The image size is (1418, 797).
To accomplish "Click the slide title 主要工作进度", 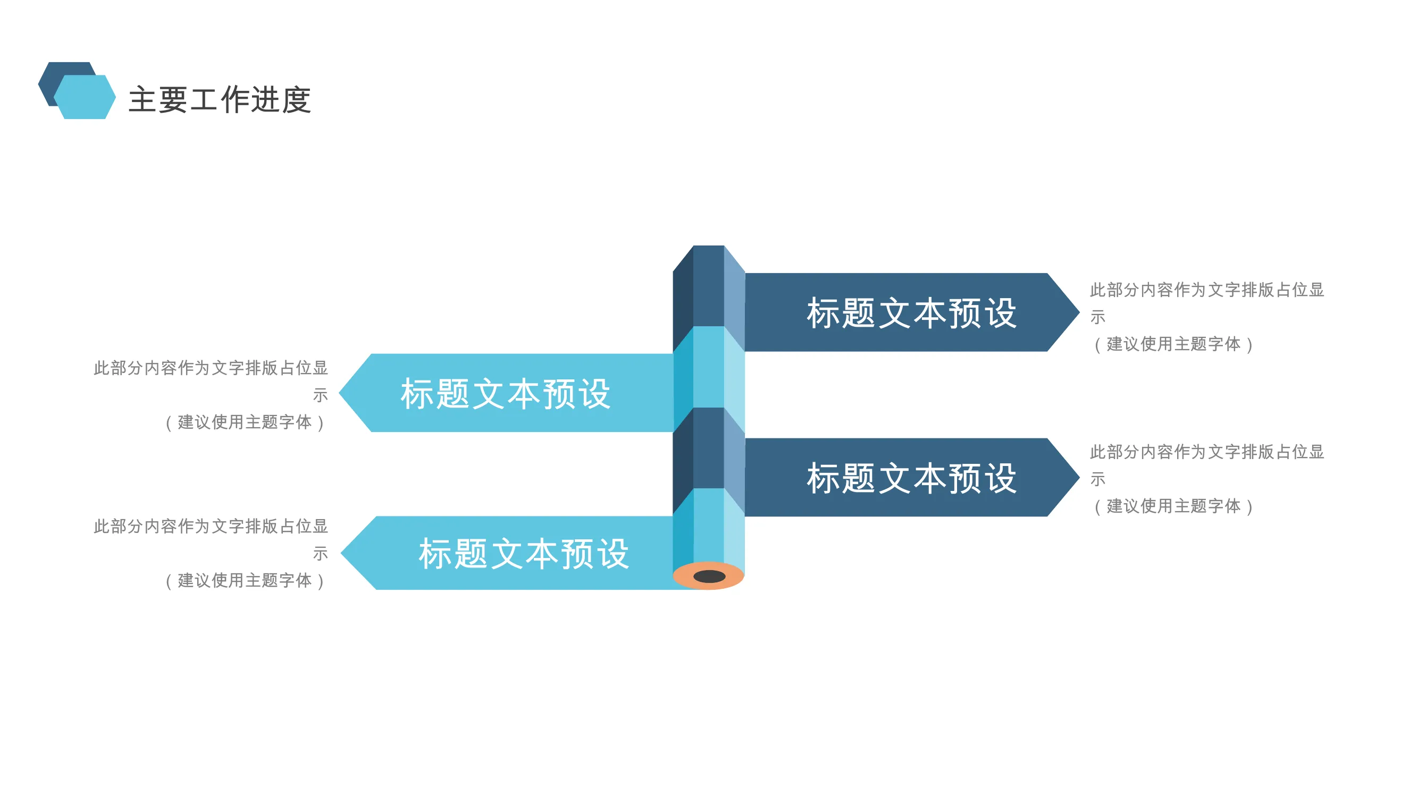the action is tap(220, 99).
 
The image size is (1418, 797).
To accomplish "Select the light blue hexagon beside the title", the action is tap(85, 97).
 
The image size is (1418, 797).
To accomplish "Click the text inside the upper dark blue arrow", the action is tap(911, 313).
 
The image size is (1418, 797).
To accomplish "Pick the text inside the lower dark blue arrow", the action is tap(911, 478).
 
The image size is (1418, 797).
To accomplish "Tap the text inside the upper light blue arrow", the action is tap(505, 394).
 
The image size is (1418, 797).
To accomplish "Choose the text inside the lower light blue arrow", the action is tap(524, 553).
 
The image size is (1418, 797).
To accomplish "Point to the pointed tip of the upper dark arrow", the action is tap(1079, 312).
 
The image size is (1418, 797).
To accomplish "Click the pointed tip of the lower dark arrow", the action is tap(1079, 477).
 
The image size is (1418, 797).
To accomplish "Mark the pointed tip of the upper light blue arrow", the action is tap(339, 393).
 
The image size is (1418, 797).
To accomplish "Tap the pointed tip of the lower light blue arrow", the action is tap(341, 553).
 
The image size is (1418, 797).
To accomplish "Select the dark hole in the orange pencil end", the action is tap(709, 576).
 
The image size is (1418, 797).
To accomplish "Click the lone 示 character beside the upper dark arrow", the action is tap(1097, 317).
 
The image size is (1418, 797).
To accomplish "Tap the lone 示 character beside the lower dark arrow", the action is tap(1097, 479).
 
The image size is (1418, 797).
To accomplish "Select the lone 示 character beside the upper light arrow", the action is tap(321, 395).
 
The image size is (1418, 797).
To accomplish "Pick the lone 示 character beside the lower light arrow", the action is tap(321, 553).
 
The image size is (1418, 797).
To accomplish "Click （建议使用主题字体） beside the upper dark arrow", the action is tap(1173, 344).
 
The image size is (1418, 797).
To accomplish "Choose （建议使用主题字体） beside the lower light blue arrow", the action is tap(245, 581).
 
